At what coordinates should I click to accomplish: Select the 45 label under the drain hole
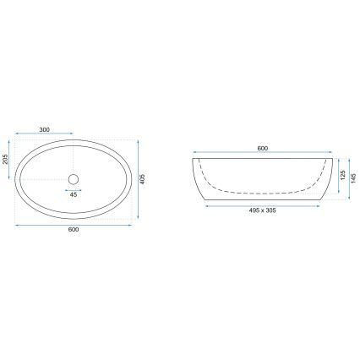pyautogui.click(x=73, y=194)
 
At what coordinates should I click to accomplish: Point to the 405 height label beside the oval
pyautogui.click(x=146, y=179)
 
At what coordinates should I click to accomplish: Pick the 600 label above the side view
pyautogui.click(x=262, y=150)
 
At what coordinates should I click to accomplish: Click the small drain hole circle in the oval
pyautogui.click(x=73, y=178)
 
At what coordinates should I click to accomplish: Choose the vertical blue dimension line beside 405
pyautogui.click(x=139, y=179)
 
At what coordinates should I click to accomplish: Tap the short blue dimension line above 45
pyautogui.click(x=73, y=188)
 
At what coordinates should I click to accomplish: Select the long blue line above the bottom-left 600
pyautogui.click(x=73, y=226)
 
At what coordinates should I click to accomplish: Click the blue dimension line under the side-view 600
pyautogui.click(x=262, y=155)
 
